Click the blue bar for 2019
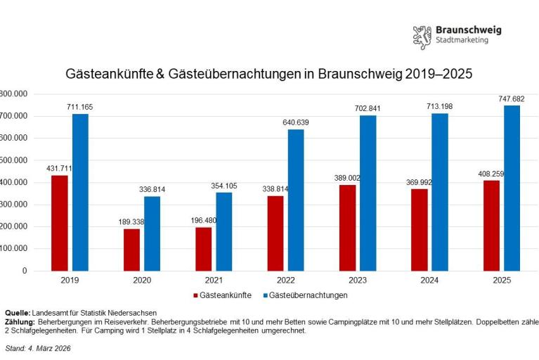point(80,192)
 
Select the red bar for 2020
point(131,250)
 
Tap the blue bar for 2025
point(512,188)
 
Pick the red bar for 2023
point(347,228)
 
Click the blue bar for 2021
point(223,231)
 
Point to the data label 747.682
point(512,99)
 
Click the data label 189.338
point(131,222)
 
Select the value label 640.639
point(295,122)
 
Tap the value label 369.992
point(420,182)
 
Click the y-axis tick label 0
point(24,271)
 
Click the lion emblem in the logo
point(422,36)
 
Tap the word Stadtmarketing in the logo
point(462,41)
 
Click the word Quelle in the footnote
point(18,313)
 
